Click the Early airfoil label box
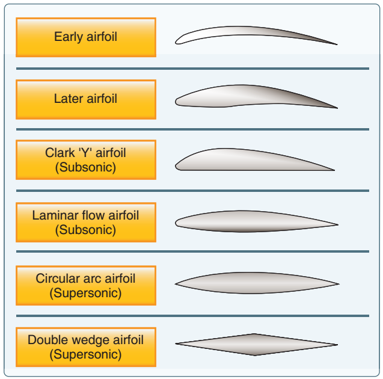(x=85, y=37)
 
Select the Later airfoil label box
(x=85, y=99)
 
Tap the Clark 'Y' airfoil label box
(x=85, y=160)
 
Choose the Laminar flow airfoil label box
(x=85, y=221)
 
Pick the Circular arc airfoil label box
(x=85, y=285)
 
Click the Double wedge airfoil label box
(x=85, y=347)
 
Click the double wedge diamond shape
(x=256, y=345)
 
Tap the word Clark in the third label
(x=60, y=153)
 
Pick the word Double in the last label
(x=44, y=340)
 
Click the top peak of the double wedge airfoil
(x=256, y=334)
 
